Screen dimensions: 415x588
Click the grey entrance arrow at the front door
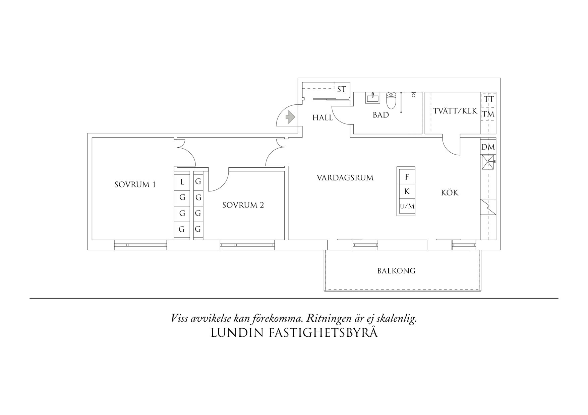[290, 117]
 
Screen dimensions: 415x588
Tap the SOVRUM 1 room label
[135, 185]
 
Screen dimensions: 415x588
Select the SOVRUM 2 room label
[243, 205]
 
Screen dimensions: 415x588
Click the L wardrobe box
[182, 182]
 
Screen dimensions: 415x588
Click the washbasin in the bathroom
[373, 98]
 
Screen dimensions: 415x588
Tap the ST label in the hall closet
[341, 89]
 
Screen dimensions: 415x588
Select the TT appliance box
[489, 99]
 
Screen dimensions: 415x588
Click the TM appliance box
[488, 114]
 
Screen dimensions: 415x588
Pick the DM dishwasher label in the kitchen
[488, 147]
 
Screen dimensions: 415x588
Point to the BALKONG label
[396, 271]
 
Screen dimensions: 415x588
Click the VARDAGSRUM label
[345, 178]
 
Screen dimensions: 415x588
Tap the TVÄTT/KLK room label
[455, 111]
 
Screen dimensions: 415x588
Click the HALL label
[322, 118]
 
